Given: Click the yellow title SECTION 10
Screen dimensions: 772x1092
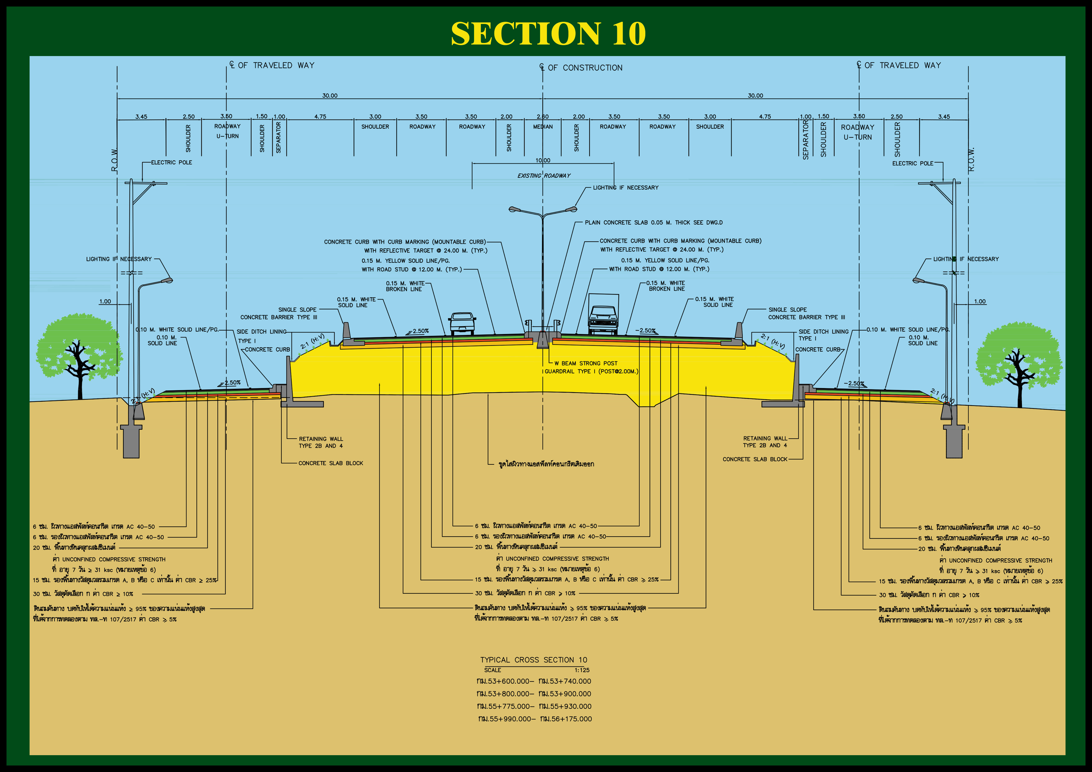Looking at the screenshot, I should point(548,33).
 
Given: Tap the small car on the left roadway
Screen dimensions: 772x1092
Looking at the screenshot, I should point(462,323).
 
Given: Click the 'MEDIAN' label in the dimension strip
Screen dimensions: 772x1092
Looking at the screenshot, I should point(543,126).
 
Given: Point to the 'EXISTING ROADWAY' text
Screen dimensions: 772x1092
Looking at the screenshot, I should point(544,176).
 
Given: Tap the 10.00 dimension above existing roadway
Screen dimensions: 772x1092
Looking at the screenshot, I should point(543,160).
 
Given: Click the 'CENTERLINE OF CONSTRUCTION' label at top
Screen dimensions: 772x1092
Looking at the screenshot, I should point(581,68).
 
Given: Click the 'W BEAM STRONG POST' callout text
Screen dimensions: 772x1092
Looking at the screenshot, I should point(586,363).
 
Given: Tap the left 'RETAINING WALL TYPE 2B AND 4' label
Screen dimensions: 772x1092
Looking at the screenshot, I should point(321,442).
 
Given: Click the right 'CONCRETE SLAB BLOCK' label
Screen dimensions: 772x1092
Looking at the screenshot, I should point(755,459).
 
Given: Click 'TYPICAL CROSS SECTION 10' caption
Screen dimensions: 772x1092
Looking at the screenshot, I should point(534,660).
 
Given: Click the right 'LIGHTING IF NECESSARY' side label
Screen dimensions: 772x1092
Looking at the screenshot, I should point(966,259).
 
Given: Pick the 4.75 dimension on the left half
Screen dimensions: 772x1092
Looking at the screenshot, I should point(320,116).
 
